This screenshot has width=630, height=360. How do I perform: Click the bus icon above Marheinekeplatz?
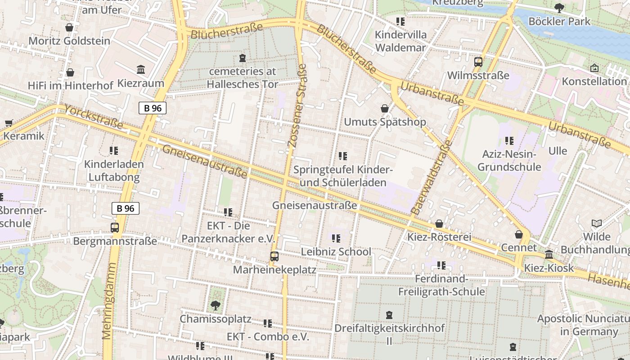pyautogui.click(x=274, y=256)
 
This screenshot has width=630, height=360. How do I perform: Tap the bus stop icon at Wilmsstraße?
pyautogui.click(x=478, y=62)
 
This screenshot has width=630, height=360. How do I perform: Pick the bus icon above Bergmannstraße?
pyautogui.click(x=115, y=228)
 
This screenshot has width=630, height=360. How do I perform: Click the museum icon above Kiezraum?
pyautogui.click(x=141, y=70)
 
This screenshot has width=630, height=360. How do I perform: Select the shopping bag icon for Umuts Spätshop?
pyautogui.click(x=384, y=108)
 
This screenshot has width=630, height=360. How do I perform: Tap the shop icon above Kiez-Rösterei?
pyautogui.click(x=439, y=224)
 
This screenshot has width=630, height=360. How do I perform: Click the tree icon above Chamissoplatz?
pyautogui.click(x=216, y=306)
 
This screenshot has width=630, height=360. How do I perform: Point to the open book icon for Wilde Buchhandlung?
pyautogui.click(x=596, y=223)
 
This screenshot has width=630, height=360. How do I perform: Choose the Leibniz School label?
pyautogui.click(x=336, y=252)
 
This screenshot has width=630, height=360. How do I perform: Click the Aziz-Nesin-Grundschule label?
pyautogui.click(x=509, y=161)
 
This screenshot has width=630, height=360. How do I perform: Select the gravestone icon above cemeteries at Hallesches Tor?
pyautogui.click(x=243, y=58)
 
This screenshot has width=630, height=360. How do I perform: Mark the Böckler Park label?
pyautogui.click(x=559, y=21)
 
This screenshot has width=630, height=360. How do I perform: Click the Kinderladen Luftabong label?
pyautogui.click(x=114, y=170)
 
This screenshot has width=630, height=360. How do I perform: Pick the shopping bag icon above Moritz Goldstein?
pyautogui.click(x=69, y=27)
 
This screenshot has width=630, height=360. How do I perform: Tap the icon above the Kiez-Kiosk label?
pyautogui.click(x=549, y=255)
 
